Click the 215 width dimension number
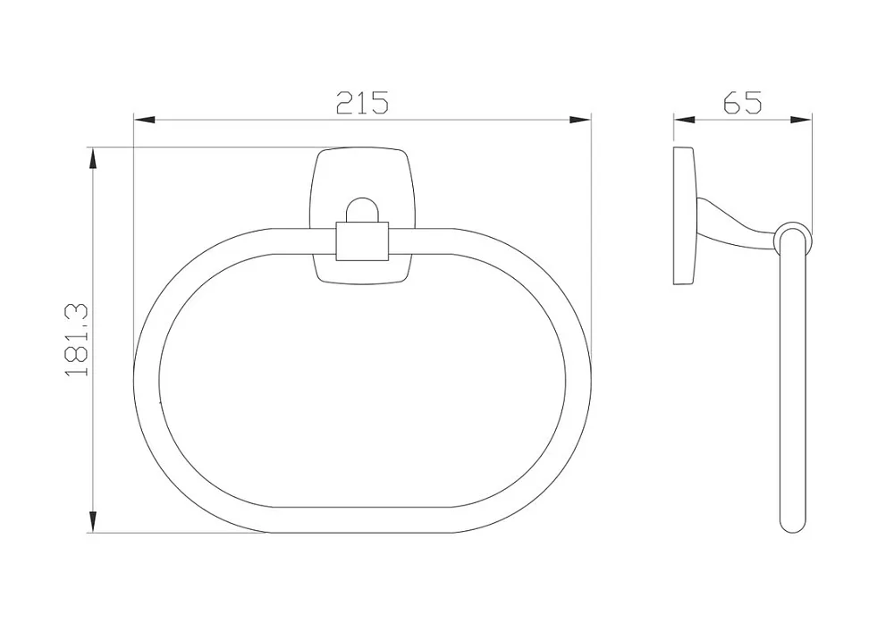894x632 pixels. (x=362, y=103)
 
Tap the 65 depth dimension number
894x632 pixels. (x=742, y=103)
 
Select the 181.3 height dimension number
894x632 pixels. (x=77, y=340)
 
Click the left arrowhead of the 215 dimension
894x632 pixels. (x=144, y=121)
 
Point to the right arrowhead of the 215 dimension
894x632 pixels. (x=580, y=121)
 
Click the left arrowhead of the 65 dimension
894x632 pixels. (x=685, y=120)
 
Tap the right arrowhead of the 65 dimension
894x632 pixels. (x=801, y=120)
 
